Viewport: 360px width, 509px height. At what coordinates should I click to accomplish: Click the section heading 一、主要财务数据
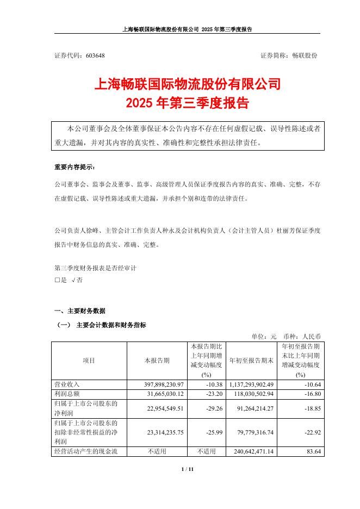coord(80,311)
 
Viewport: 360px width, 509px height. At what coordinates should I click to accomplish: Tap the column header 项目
coord(89,360)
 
